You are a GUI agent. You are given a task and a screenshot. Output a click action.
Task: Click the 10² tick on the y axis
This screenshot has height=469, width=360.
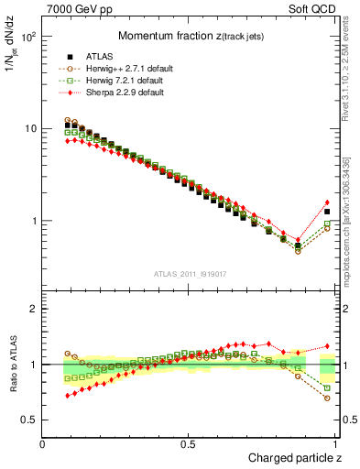coord(28,38)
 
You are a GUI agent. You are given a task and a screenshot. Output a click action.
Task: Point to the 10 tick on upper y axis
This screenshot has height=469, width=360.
coord(31,129)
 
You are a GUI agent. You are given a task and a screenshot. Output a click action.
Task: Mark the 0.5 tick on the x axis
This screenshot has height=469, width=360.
coord(189,444)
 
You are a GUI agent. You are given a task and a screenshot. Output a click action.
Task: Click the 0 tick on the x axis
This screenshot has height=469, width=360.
coord(43,444)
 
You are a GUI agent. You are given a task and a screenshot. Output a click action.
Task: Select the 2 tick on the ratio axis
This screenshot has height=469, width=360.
coord(34,310)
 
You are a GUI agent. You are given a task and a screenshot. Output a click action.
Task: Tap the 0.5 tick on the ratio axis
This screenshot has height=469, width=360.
coord(28,420)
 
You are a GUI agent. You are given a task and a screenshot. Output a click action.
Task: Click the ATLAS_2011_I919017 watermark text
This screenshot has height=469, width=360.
coord(191,272)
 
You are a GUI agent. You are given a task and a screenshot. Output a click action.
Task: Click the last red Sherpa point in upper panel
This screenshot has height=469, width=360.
coord(327,202)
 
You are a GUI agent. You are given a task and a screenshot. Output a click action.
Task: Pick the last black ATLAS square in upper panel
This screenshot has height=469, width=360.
coord(327,212)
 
